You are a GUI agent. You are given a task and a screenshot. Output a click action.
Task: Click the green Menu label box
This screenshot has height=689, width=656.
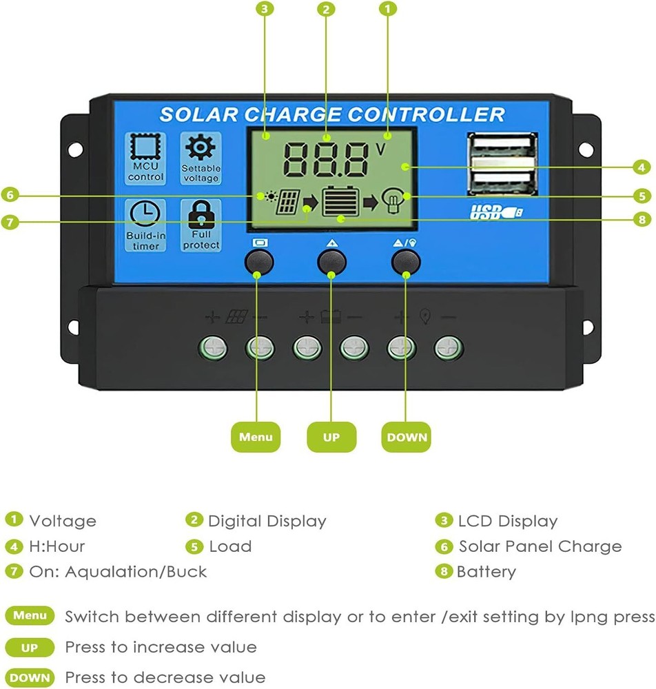(x=256, y=437)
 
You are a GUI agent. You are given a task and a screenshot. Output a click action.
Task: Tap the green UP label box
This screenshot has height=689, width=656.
(x=331, y=437)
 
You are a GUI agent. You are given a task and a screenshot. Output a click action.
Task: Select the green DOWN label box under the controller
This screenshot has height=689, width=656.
(x=407, y=437)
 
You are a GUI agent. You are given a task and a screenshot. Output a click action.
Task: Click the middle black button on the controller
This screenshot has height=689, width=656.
(x=331, y=262)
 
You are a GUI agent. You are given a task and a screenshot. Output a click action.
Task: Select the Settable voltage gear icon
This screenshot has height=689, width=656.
(x=201, y=149)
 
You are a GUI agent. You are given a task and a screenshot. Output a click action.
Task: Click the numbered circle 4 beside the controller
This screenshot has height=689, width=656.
(x=642, y=167)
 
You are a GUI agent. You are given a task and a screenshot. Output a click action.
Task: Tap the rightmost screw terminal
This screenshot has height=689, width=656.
(x=448, y=349)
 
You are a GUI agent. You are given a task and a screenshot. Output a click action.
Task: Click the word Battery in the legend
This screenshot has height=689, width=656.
(x=486, y=572)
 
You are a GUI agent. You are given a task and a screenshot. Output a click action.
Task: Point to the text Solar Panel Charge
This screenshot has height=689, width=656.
(x=540, y=546)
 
